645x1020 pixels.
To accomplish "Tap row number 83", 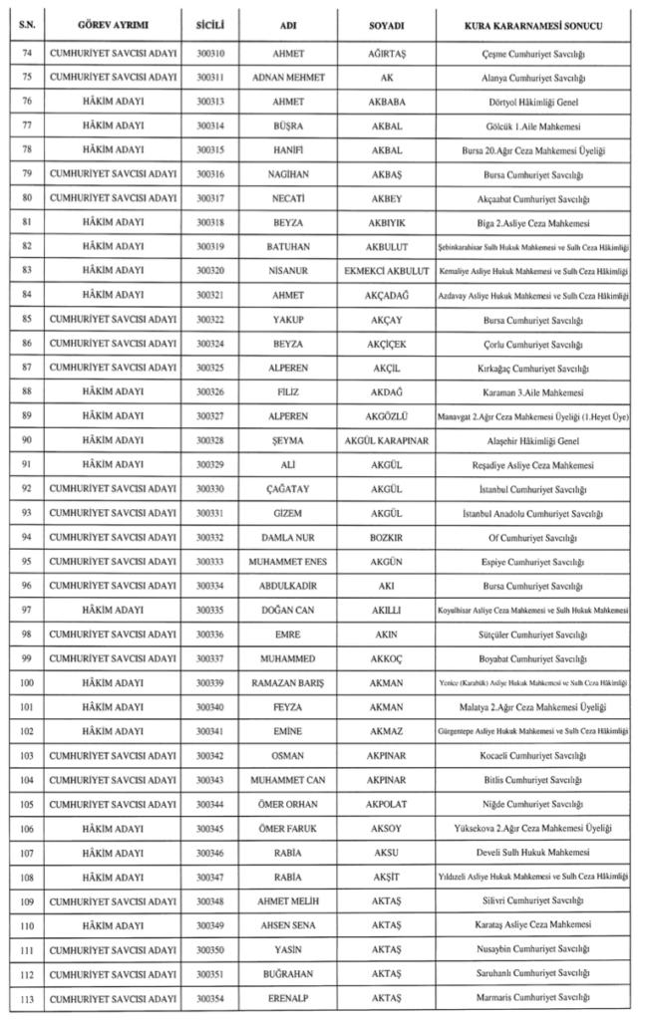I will click(27, 271).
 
